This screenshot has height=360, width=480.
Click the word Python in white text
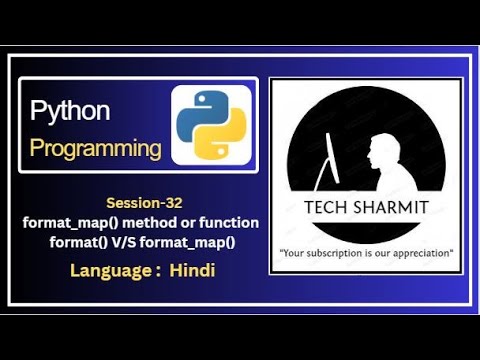click(x=70, y=112)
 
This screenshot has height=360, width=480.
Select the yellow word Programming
click(x=96, y=149)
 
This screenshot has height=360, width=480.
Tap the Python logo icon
click(x=211, y=125)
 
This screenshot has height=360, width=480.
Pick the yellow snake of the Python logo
click(x=221, y=135)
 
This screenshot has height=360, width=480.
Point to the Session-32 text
click(x=144, y=203)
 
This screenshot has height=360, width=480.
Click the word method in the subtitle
click(x=150, y=222)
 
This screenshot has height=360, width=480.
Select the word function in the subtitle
click(x=229, y=222)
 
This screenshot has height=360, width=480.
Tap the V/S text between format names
click(x=124, y=242)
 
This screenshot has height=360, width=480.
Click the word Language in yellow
click(x=111, y=271)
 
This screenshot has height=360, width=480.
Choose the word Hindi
click(x=192, y=270)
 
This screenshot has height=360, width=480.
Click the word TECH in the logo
click(x=325, y=207)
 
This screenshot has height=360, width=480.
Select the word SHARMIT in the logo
click(x=391, y=207)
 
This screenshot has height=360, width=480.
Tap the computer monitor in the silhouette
click(x=333, y=158)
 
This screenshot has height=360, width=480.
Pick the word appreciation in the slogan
click(x=421, y=253)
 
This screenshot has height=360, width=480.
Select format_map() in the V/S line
click(x=188, y=243)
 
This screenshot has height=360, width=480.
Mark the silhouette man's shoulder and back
click(x=400, y=177)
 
